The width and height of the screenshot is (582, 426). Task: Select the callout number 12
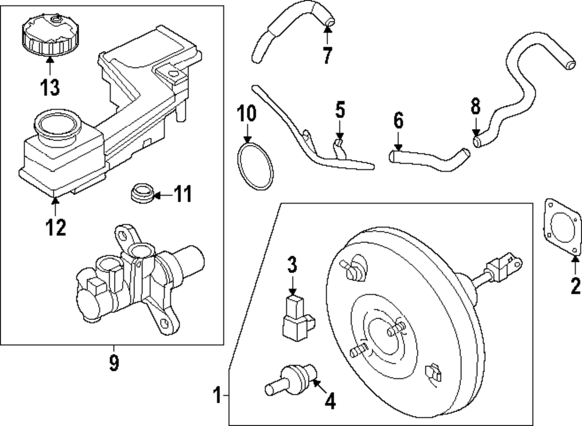pyautogui.click(x=56, y=226)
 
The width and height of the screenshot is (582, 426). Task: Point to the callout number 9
pyautogui.click(x=113, y=363)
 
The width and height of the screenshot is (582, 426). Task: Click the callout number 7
pyautogui.click(x=327, y=55)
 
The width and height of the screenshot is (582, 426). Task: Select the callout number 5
pyautogui.click(x=340, y=109)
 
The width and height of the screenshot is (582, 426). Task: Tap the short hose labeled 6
pyautogui.click(x=428, y=159)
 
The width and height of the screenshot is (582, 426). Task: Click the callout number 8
pyautogui.click(x=475, y=106)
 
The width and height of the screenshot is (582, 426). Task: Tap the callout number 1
pyautogui.click(x=217, y=397)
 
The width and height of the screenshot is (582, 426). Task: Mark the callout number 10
pyautogui.click(x=247, y=112)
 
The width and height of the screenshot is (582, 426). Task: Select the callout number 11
pyautogui.click(x=183, y=194)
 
